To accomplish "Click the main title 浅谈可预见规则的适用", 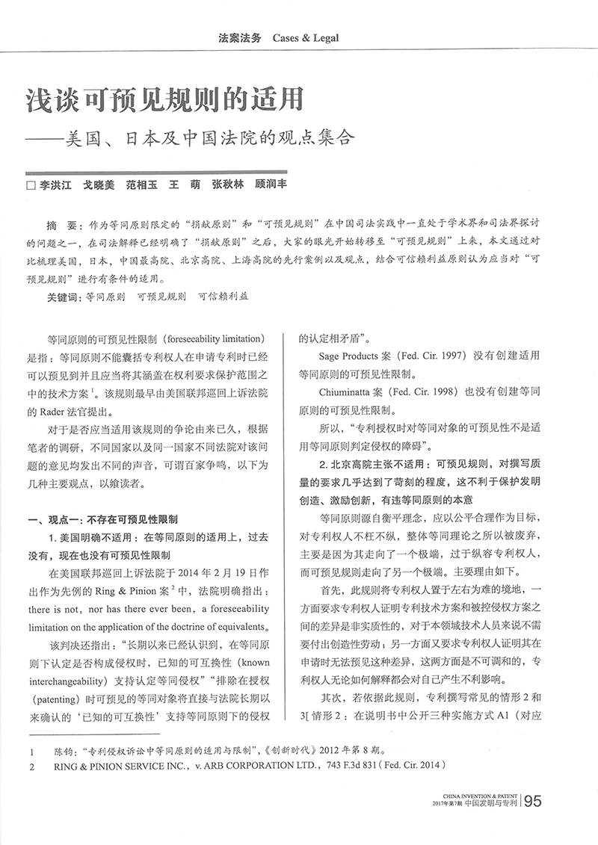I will tap(164, 100).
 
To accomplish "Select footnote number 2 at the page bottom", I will tap(30, 766).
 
